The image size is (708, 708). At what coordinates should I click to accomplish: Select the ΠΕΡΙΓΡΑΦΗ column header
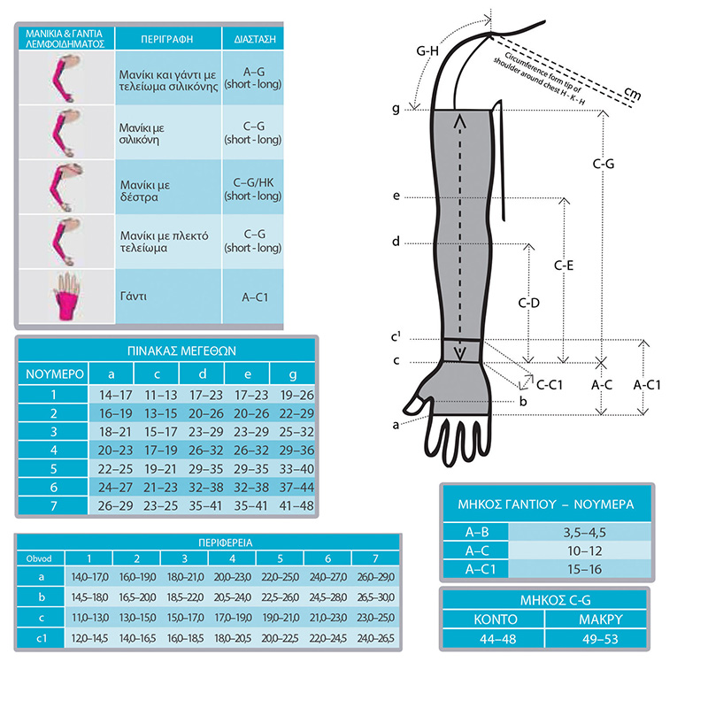tap(168, 40)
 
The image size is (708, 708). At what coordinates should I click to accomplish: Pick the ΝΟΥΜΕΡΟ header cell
tap(54, 373)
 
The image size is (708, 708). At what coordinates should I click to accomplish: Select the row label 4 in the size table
tap(54, 450)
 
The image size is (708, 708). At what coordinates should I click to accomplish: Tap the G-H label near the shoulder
tap(427, 51)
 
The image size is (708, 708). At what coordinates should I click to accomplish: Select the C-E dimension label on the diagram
tap(566, 265)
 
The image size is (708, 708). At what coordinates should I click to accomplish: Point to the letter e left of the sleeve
tap(396, 196)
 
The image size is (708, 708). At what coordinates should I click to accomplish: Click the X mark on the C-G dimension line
tap(601, 362)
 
